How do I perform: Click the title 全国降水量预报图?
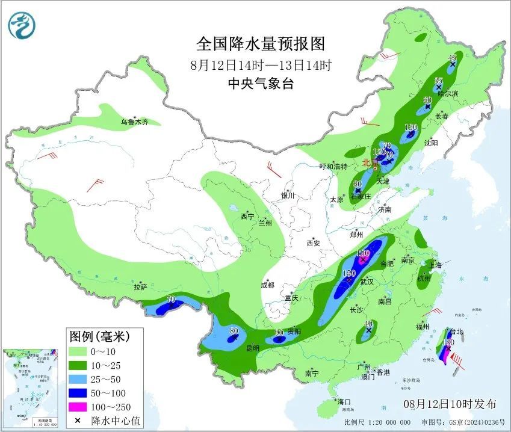pyautogui.click(x=261, y=44)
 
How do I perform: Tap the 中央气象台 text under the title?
pyautogui.click(x=261, y=84)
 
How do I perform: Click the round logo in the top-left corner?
pyautogui.click(x=22, y=25)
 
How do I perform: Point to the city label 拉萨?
pyautogui.click(x=140, y=287)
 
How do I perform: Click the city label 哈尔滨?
pyautogui.click(x=448, y=94)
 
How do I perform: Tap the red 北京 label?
pyautogui.click(x=367, y=162)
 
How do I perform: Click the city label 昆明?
pyautogui.click(x=252, y=348)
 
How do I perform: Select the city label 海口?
pyautogui.click(x=344, y=402)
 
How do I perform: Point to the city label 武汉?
pyautogui.click(x=367, y=282)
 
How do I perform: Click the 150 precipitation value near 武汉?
pyautogui.click(x=348, y=274)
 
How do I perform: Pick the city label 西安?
pyautogui.click(x=314, y=243)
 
